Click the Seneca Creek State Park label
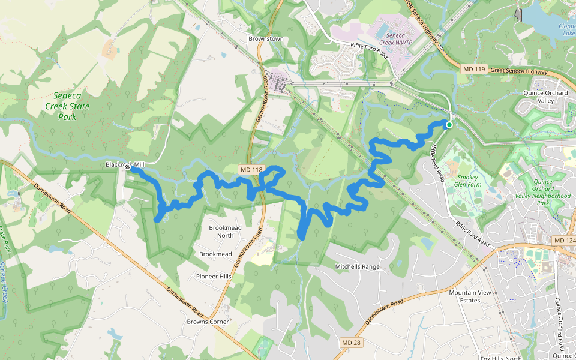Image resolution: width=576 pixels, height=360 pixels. tap(71, 106)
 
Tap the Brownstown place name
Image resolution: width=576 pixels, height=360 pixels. tap(265, 39)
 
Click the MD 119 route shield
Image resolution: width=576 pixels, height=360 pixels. tap(473, 70)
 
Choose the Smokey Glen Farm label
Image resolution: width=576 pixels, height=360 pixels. tap(472, 182)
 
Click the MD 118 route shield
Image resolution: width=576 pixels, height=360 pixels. tap(251, 170)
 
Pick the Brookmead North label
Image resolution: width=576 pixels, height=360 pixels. tap(221, 232)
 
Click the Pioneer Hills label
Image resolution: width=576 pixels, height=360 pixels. tap(214, 276)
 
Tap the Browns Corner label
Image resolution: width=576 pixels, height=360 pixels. tap(208, 322)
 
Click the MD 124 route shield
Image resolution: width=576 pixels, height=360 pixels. tap(563, 241)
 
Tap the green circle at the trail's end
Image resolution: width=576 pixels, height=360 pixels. tap(448, 124)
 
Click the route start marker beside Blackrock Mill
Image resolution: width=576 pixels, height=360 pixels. tap(128, 168)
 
